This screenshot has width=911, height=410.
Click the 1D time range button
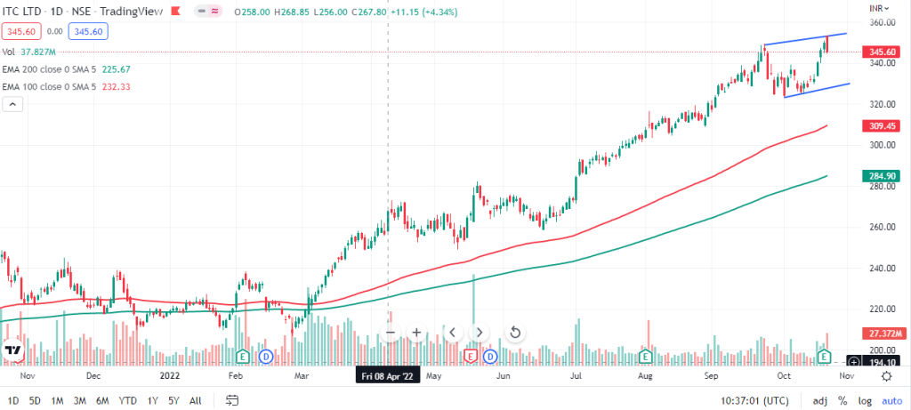(x=12, y=400)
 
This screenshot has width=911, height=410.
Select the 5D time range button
(x=35, y=400)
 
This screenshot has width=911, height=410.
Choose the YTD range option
(x=127, y=400)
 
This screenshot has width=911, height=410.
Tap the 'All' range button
(x=196, y=400)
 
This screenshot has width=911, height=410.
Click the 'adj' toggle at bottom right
(x=819, y=400)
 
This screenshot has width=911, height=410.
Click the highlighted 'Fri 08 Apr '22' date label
(x=387, y=376)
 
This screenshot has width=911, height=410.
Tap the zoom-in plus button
(x=415, y=333)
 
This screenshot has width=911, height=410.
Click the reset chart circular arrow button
(x=514, y=333)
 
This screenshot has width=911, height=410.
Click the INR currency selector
(x=880, y=7)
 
